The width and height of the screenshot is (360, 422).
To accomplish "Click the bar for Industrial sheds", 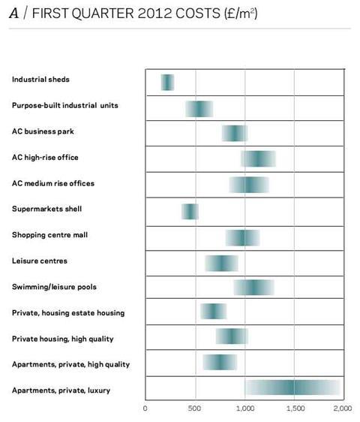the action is click(x=167, y=83).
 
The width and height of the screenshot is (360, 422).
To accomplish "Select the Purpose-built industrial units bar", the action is click(x=199, y=109).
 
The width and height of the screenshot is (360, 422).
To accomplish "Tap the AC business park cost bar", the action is click(x=235, y=133).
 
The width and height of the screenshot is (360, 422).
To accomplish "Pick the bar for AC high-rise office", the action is click(x=258, y=158).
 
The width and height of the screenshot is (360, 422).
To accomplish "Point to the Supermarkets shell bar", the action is click(x=190, y=212).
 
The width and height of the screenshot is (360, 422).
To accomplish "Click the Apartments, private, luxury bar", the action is click(x=292, y=387).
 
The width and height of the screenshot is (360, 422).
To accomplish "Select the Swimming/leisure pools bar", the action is click(x=254, y=288).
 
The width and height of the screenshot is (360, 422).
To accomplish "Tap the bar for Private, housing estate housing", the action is click(x=214, y=311).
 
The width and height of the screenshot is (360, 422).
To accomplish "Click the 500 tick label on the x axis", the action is click(x=194, y=408).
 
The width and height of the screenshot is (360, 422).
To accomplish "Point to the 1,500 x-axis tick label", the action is click(x=295, y=408).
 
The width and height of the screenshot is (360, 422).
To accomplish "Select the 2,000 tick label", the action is click(x=343, y=408).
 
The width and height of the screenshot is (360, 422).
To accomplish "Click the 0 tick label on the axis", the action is click(x=145, y=408).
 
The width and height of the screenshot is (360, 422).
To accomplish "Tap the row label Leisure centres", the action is click(x=40, y=261).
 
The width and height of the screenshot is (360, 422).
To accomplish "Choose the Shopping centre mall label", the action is click(x=49, y=235).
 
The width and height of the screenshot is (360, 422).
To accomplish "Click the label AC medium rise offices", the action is click(x=53, y=183).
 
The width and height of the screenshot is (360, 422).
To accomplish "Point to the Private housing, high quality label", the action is click(x=63, y=339).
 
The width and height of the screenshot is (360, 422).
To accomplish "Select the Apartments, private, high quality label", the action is click(x=71, y=364).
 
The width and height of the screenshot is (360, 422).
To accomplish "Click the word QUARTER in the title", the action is click(x=103, y=14).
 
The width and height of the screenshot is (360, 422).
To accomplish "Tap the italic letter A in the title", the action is click(x=14, y=14).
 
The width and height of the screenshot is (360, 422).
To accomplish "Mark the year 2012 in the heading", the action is click(x=154, y=14).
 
